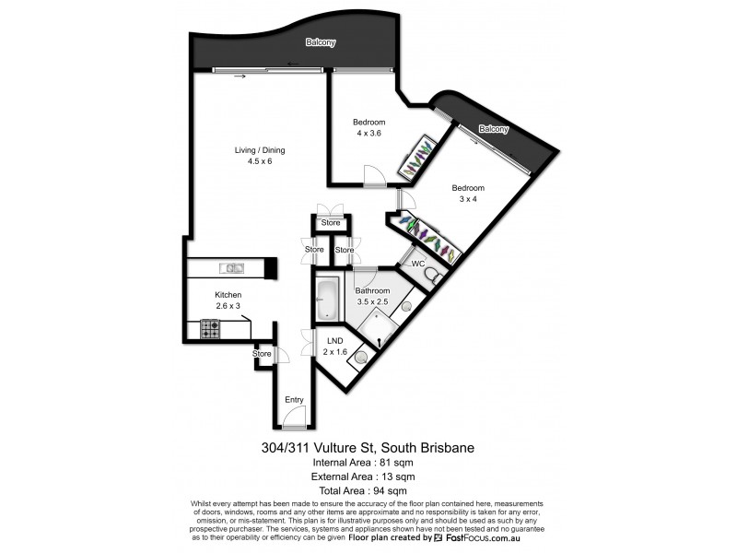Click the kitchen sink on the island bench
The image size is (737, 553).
[231, 268]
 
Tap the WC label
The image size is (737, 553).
[417, 264]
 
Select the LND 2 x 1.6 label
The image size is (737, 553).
[335, 347]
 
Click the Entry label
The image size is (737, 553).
[294, 399]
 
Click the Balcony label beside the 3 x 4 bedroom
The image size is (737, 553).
[493, 129]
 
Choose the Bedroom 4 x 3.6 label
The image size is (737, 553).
[368, 128]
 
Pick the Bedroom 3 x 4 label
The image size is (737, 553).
[468, 194]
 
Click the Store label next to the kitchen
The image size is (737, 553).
[263, 353]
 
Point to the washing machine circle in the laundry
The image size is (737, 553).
[361, 358]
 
